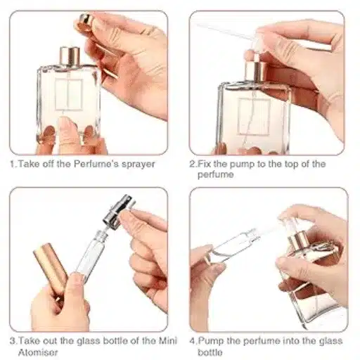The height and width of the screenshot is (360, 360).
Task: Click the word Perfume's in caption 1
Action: coord(96,164)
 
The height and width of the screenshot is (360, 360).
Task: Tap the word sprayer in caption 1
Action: coord(139,165)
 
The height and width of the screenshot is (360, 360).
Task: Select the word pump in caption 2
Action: coord(242,165)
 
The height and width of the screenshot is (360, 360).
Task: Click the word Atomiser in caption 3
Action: coord(38,352)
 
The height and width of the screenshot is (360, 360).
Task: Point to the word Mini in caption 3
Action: coord(168,340)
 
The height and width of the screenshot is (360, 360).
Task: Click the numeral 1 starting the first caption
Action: coord(13,164)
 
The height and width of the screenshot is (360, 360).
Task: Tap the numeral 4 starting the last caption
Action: coord(193,341)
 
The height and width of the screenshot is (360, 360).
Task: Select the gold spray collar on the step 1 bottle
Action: coord(70,56)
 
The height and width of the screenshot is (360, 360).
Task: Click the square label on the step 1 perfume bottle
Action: coord(69,94)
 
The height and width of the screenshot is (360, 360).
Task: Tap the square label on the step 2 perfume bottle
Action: coord(254,117)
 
